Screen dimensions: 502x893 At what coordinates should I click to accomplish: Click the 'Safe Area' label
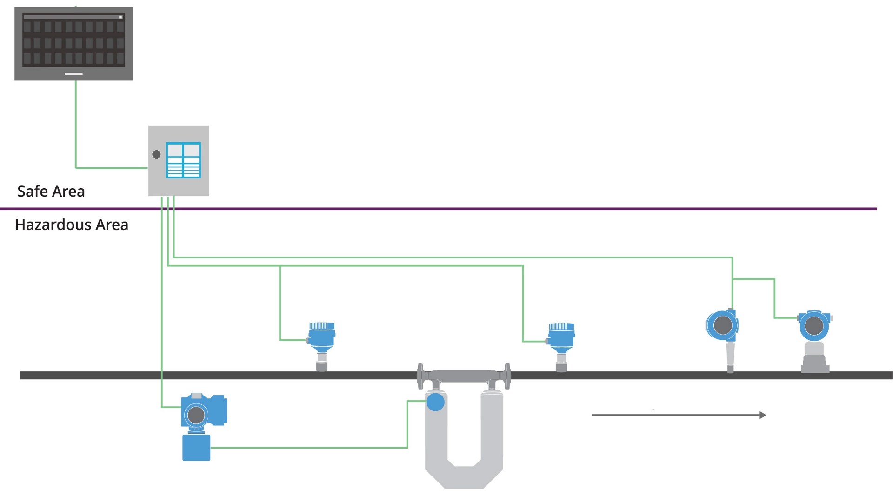(x=51, y=192)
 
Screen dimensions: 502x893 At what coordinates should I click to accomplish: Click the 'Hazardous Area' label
(x=72, y=225)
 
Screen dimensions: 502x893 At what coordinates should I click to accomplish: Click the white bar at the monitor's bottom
(x=73, y=73)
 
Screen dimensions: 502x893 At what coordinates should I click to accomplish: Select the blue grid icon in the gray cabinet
(x=183, y=160)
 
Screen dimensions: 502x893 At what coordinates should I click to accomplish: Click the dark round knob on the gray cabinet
(x=156, y=154)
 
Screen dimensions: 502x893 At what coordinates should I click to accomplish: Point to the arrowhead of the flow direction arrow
(x=762, y=415)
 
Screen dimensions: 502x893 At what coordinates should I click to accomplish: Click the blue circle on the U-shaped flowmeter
(x=435, y=402)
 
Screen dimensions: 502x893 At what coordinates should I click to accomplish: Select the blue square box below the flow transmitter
(x=196, y=448)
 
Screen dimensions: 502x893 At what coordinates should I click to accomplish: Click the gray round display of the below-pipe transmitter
(x=196, y=415)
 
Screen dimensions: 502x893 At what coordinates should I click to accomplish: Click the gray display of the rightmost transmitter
(x=814, y=326)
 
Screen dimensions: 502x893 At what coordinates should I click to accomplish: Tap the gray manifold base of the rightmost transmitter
(x=815, y=363)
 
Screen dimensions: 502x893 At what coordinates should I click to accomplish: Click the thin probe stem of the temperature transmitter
(x=730, y=356)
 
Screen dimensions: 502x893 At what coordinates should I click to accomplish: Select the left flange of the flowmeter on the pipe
(x=420, y=376)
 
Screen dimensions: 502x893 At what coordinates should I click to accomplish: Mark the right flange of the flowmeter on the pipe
(x=507, y=376)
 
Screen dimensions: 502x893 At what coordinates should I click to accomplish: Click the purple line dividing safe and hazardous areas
(x=465, y=209)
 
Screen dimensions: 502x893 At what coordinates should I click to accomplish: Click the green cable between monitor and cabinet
(x=76, y=125)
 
